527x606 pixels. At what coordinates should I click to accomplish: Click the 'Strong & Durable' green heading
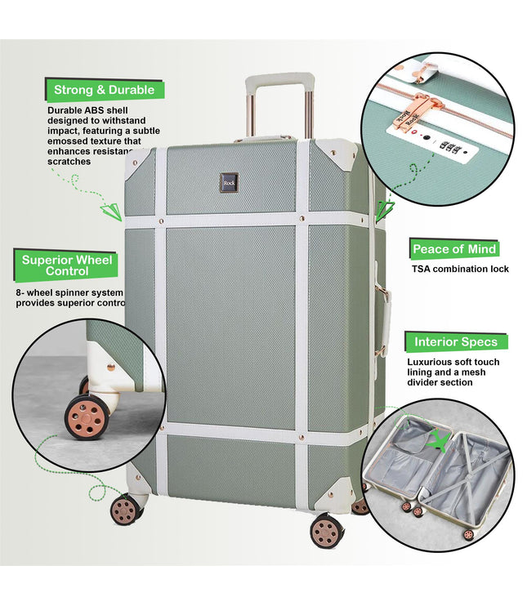pyautogui.click(x=104, y=90)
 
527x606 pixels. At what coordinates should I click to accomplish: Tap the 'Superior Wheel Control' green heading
pyautogui.click(x=67, y=265)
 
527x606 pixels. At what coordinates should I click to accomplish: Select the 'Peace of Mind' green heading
pyautogui.click(x=454, y=249)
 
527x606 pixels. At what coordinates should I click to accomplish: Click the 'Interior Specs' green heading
pyautogui.click(x=456, y=341)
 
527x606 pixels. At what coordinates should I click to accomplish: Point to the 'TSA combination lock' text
pyautogui.click(x=460, y=269)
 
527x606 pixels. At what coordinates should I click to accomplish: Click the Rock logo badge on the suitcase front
pyautogui.click(x=229, y=183)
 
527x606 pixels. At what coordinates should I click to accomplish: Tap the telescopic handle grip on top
pyautogui.click(x=279, y=82)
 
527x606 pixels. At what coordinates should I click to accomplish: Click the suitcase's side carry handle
pyautogui.click(x=382, y=314)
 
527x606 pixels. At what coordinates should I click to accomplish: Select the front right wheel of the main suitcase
pyautogui.click(x=327, y=532)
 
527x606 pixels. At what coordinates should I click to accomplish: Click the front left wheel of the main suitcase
pyautogui.click(x=126, y=510)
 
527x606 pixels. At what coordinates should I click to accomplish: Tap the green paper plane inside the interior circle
pyautogui.click(x=440, y=440)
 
